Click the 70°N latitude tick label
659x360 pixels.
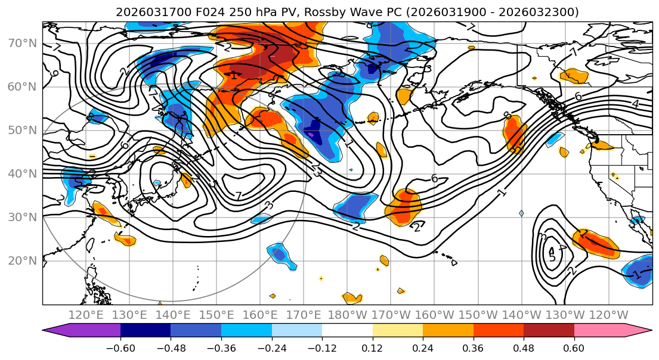click(21, 43)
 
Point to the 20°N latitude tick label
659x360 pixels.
click(21, 260)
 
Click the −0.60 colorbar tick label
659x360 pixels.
click(120, 348)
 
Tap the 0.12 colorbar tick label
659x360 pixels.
click(372, 348)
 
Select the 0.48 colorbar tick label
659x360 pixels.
click(524, 348)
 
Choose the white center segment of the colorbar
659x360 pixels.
click(347, 331)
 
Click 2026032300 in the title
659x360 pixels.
click(543, 12)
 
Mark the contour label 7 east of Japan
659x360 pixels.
click(238, 196)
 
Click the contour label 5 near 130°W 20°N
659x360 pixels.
click(552, 257)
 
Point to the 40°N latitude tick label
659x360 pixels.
click(21, 173)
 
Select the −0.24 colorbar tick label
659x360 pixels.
click(271, 348)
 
